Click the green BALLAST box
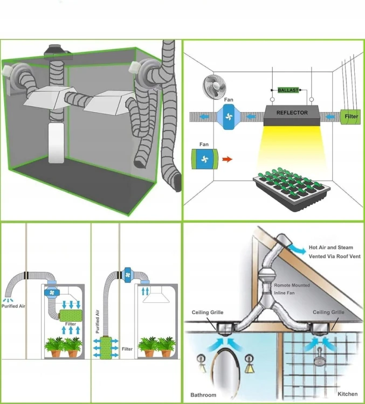coord(288,90)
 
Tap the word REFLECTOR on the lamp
coord(292,113)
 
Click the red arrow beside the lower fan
coord(228,159)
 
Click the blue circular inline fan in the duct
coord(229,116)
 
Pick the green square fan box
coord(203,159)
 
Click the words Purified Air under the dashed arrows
coord(13,306)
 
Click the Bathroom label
coord(203,395)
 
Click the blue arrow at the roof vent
coord(297,246)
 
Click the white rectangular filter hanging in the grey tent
coord(57,142)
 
